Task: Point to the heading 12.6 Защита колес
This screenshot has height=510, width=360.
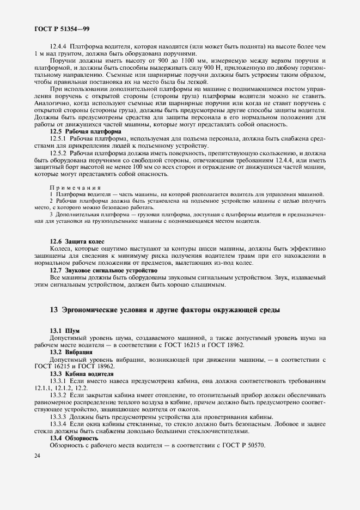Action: click(x=77, y=241)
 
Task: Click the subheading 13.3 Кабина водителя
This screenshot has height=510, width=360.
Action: click(x=82, y=374)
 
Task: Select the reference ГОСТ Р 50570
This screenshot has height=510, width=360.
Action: click(x=241, y=445)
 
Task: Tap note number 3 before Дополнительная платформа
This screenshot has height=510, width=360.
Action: click(x=51, y=215)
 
